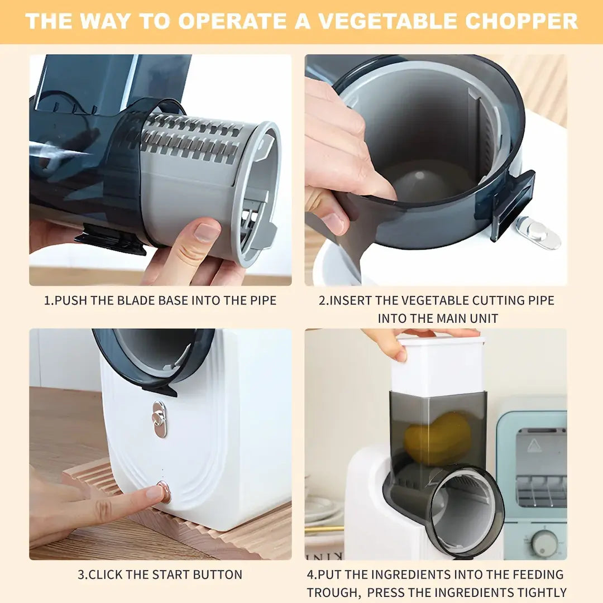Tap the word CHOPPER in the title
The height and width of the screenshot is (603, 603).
(521, 21)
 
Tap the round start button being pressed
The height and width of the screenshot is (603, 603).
(164, 491)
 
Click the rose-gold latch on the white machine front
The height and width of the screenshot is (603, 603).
(160, 419)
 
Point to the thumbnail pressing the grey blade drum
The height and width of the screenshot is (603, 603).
(206, 232)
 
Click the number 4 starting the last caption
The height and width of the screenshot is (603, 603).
(310, 575)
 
